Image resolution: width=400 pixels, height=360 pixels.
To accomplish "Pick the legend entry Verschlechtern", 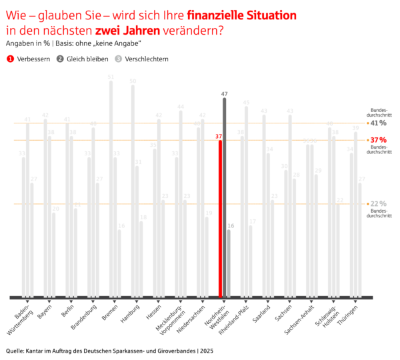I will click(x=141, y=59).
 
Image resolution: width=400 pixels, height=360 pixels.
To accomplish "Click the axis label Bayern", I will click(x=45, y=311).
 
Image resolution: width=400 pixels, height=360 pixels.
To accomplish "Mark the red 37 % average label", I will click(x=378, y=140).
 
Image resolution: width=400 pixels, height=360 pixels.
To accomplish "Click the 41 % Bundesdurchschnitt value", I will click(x=378, y=123).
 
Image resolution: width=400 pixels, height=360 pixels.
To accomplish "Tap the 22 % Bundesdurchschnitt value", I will click(x=378, y=203).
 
